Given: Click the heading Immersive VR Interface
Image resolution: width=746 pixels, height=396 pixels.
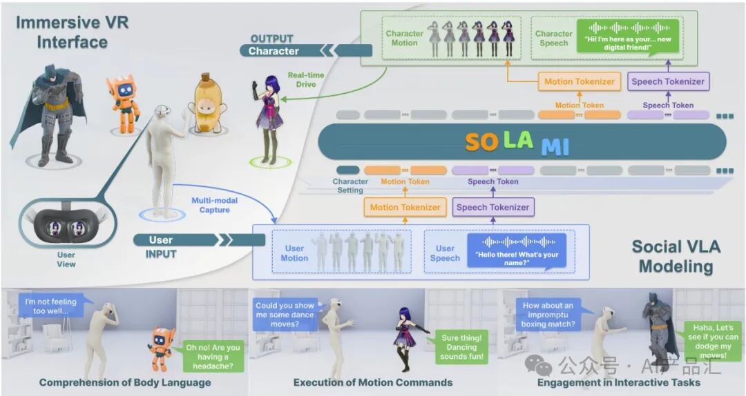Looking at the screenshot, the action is [73, 32].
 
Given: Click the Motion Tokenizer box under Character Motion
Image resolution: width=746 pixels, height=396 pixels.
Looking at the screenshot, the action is [579, 81].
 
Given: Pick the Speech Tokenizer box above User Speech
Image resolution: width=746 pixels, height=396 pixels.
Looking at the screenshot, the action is [493, 207].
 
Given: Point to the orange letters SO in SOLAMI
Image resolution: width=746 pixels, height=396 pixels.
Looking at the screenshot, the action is [481, 142].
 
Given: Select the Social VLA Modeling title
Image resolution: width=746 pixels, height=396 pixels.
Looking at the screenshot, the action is [676, 256].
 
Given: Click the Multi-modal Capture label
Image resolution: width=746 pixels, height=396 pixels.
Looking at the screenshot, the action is [214, 205].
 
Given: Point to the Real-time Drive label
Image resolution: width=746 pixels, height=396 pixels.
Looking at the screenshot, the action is [306, 79].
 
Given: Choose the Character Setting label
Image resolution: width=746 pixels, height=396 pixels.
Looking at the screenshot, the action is [350, 186].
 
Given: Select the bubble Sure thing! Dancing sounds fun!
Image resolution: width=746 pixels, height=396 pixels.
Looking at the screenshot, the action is [461, 347].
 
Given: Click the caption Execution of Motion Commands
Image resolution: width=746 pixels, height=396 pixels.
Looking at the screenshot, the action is [373, 382].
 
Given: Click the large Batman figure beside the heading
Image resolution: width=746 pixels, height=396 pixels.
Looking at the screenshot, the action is [50, 115].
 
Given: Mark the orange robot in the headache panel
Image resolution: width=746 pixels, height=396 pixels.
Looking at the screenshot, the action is [161, 348].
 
